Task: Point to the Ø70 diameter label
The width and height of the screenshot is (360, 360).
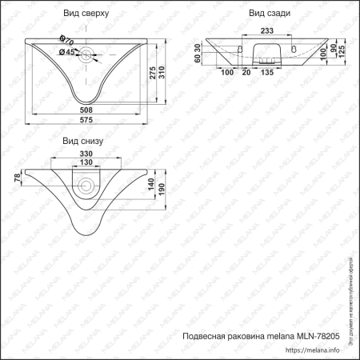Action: tap(67, 40)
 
